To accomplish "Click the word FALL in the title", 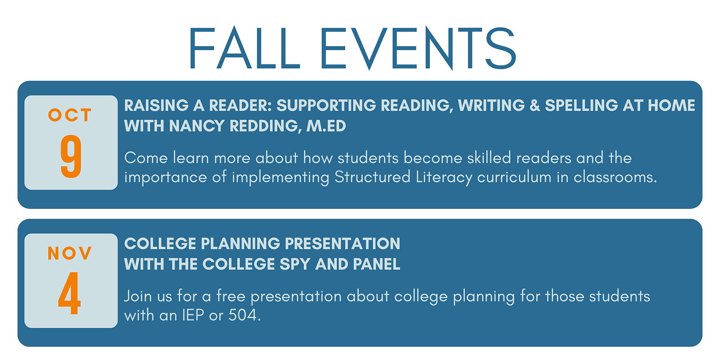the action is [245, 48].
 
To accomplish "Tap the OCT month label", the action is [70, 115].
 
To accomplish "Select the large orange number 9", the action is [71, 156].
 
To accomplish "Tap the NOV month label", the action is [70, 253].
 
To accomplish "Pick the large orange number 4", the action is [69, 293].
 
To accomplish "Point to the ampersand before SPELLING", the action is [535, 105].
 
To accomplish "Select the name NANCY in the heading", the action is [197, 126].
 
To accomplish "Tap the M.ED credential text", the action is [326, 126].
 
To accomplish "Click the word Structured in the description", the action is [372, 177].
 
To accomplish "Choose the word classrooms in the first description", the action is [615, 177].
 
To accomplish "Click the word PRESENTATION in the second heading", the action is [342, 243].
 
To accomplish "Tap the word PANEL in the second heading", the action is [377, 264].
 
